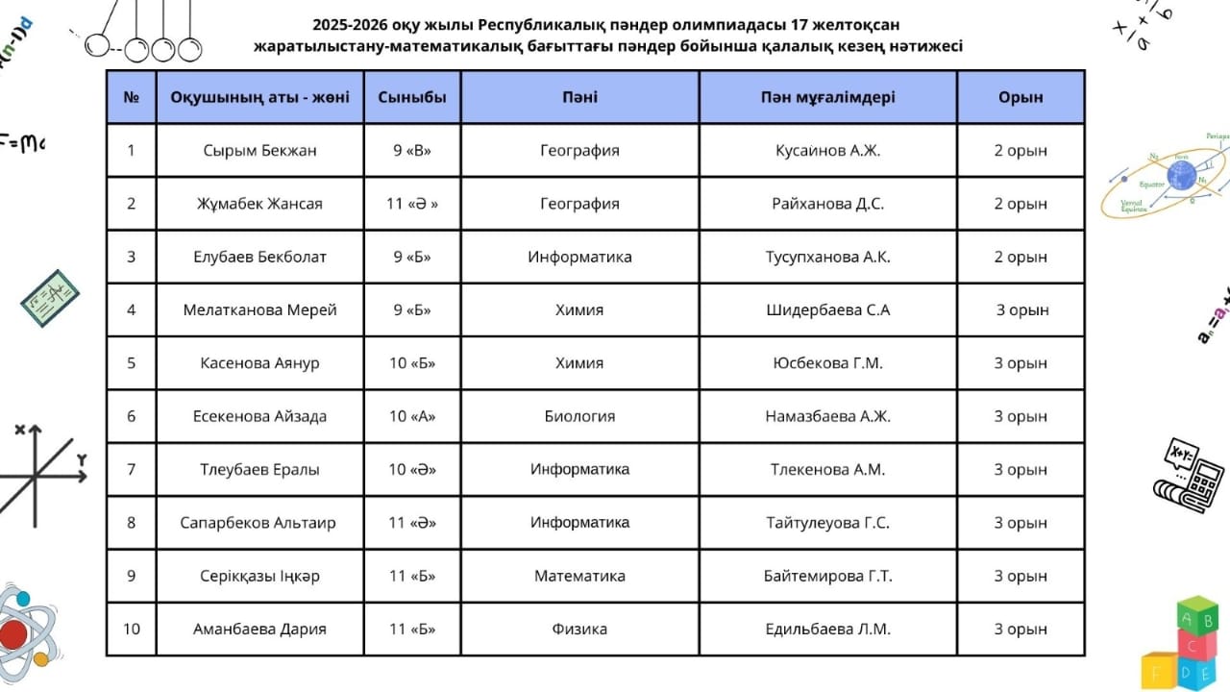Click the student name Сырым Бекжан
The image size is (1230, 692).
(x=259, y=151)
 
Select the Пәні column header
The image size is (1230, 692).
(x=579, y=97)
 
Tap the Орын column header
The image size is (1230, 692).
(x=1021, y=97)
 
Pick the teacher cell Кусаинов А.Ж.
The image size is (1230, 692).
(x=827, y=151)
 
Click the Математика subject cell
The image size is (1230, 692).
(x=579, y=577)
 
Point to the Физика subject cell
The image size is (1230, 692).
(x=579, y=630)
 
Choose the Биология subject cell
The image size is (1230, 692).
(x=579, y=417)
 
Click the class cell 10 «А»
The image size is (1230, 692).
(x=412, y=417)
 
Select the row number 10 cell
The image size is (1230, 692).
(x=132, y=630)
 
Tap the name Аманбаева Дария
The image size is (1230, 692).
(x=259, y=630)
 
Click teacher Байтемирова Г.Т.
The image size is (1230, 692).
(x=827, y=577)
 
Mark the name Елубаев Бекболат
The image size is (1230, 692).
(x=259, y=258)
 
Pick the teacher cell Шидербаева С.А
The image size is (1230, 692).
(x=827, y=310)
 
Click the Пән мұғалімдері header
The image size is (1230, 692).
(x=827, y=97)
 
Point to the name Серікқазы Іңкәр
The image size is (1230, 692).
(x=259, y=577)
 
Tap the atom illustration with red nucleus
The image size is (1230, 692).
(x=21, y=630)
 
